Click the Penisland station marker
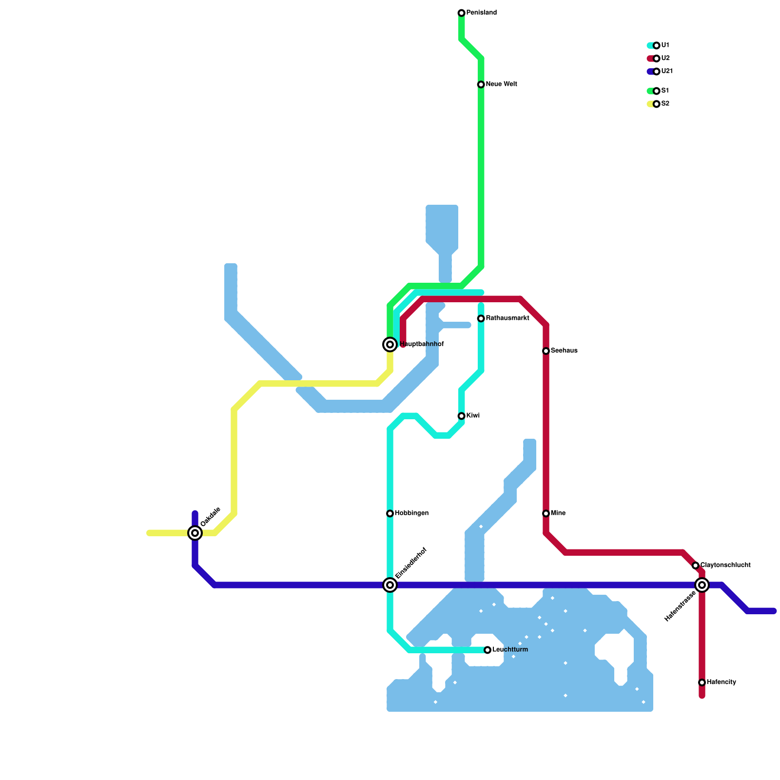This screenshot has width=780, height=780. tap(461, 13)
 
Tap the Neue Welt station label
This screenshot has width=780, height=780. tap(501, 84)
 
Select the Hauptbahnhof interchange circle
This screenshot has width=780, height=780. tap(390, 345)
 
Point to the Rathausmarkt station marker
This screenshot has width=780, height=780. tap(481, 318)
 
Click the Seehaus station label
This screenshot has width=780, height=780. tap(564, 351)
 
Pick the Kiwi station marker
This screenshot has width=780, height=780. tap(461, 416)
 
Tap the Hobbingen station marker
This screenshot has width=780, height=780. tap(390, 513)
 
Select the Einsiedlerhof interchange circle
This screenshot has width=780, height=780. tap(390, 585)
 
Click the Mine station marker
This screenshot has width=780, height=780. tap(546, 513)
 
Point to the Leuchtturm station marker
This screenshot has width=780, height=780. tap(487, 650)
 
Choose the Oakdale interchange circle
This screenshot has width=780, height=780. tap(195, 533)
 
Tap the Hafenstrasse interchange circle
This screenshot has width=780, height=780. tap(702, 585)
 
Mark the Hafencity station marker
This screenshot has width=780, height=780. tap(702, 682)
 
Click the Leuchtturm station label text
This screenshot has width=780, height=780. tap(510, 650)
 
